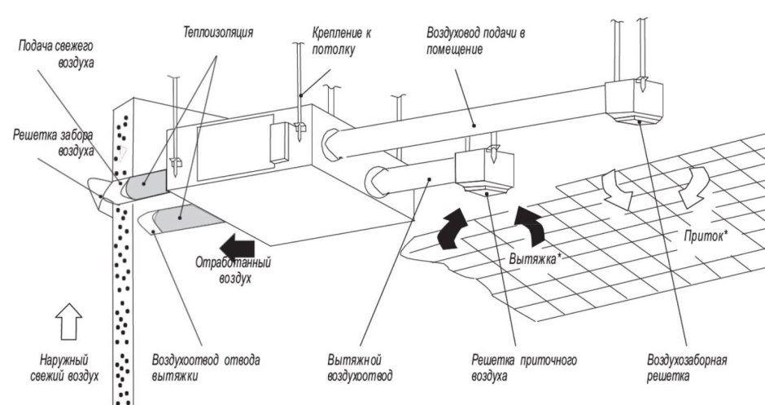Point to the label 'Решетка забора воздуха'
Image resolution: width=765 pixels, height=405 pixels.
[x=50, y=143]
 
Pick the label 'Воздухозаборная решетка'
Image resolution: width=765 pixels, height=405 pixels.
[x=686, y=368]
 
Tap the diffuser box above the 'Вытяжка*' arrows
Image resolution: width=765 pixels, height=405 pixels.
[x=484, y=172]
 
